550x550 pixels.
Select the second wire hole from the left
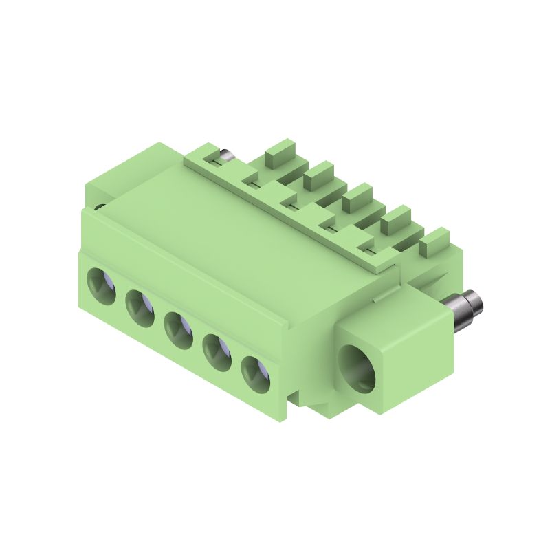[140, 306]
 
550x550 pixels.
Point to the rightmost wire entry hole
[254, 373]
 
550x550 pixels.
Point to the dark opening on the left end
[100, 206]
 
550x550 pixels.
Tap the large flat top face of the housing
[227, 227]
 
